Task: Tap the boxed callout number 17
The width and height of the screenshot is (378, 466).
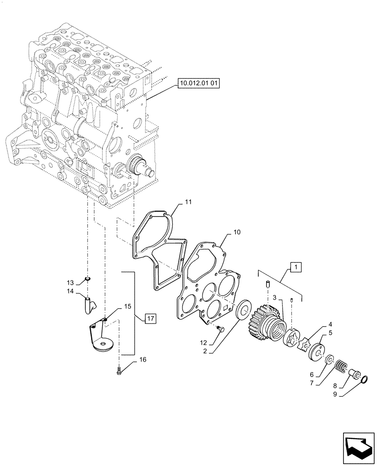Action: click(150, 319)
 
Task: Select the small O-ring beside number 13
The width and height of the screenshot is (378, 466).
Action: click(88, 280)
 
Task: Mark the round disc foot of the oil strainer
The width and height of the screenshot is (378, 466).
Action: click(103, 345)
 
